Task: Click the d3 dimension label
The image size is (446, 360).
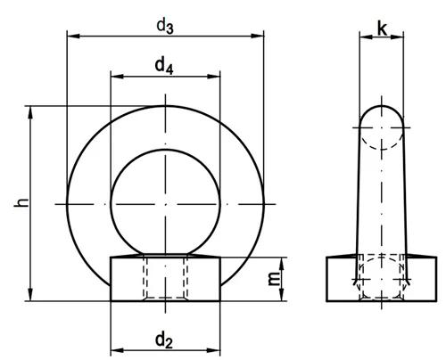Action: [165, 27]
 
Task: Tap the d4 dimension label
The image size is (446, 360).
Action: [164, 66]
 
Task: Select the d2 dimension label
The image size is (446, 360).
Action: [164, 340]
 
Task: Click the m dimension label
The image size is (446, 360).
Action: [275, 278]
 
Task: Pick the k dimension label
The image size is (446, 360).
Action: [383, 29]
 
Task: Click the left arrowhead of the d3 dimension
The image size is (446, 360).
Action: [74, 37]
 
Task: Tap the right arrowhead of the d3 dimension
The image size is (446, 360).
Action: [257, 37]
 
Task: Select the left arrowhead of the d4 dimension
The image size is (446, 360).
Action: [117, 77]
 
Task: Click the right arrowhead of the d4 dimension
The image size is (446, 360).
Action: [214, 77]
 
